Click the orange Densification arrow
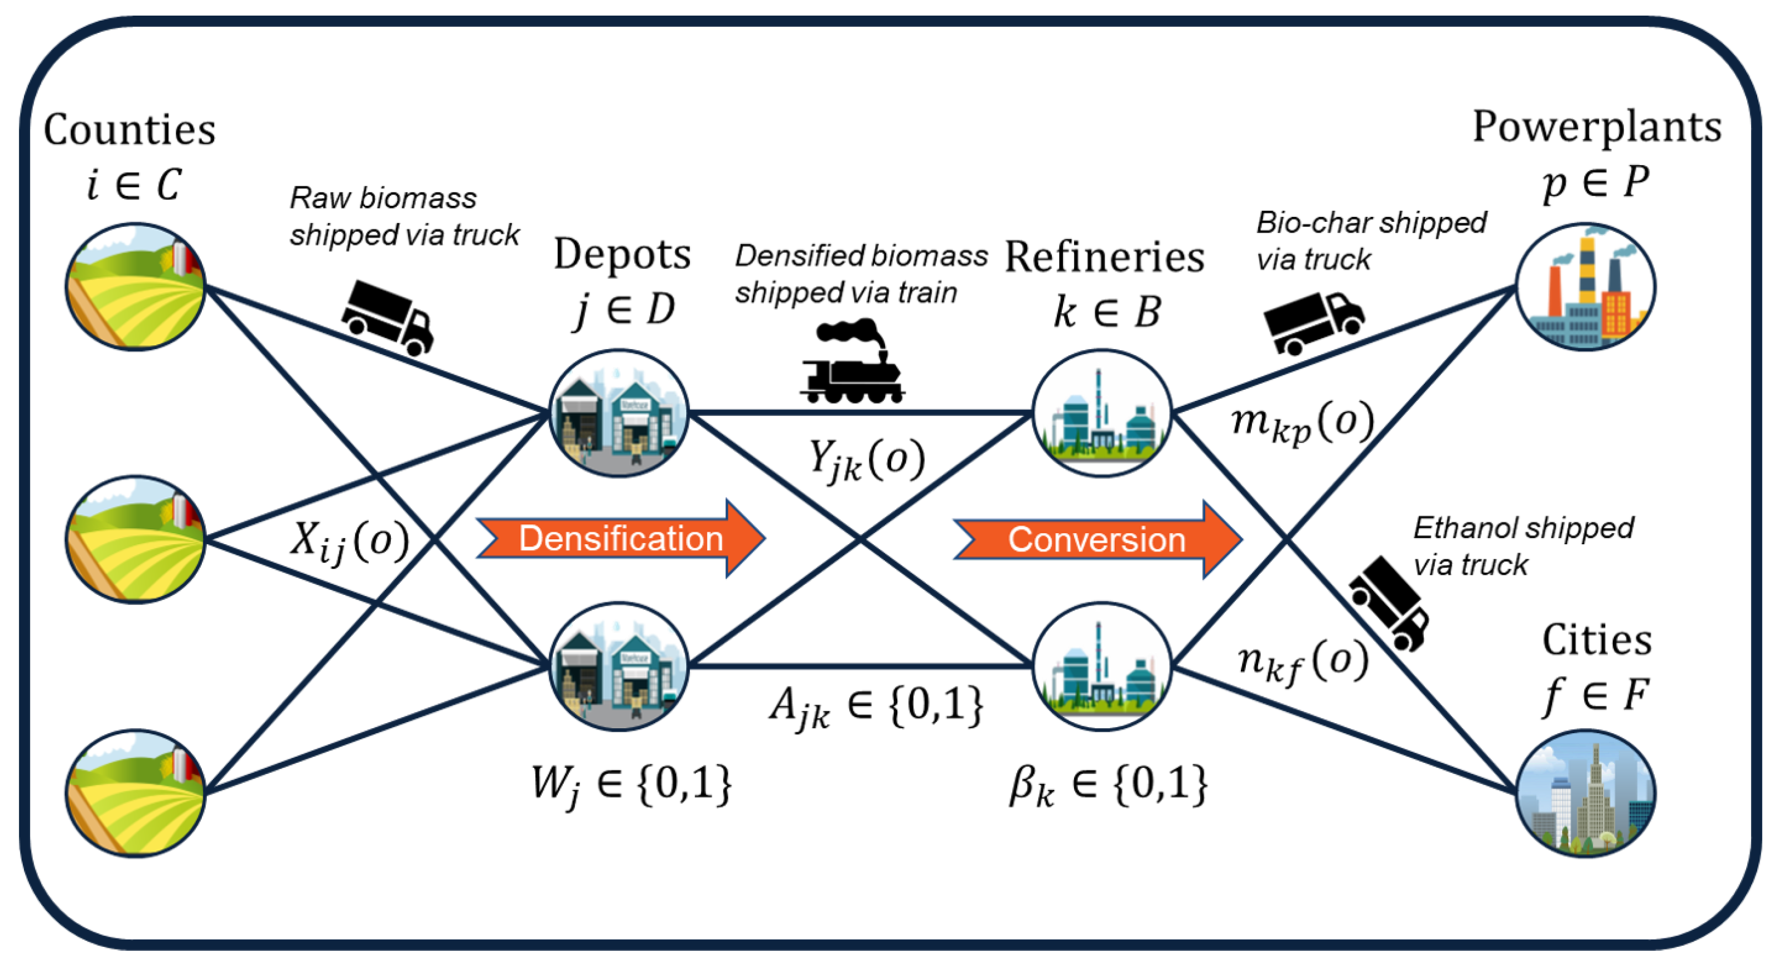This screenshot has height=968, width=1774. tap(620, 539)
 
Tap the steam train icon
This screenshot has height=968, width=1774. tap(853, 363)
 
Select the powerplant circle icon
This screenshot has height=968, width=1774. tap(1586, 287)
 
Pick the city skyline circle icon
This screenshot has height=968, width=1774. tap(1586, 793)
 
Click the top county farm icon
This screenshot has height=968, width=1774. tap(136, 287)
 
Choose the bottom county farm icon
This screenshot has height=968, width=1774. tap(136, 793)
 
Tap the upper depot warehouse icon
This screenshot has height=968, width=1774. tap(618, 413)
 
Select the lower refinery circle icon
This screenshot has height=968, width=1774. tap(1102, 666)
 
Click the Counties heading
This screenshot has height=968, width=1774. tap(129, 130)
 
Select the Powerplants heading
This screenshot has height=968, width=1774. tap(1596, 127)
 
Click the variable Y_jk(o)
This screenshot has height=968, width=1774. tap(866, 460)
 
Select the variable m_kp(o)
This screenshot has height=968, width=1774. tap(1302, 422)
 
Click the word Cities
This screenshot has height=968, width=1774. tap(1596, 640)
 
